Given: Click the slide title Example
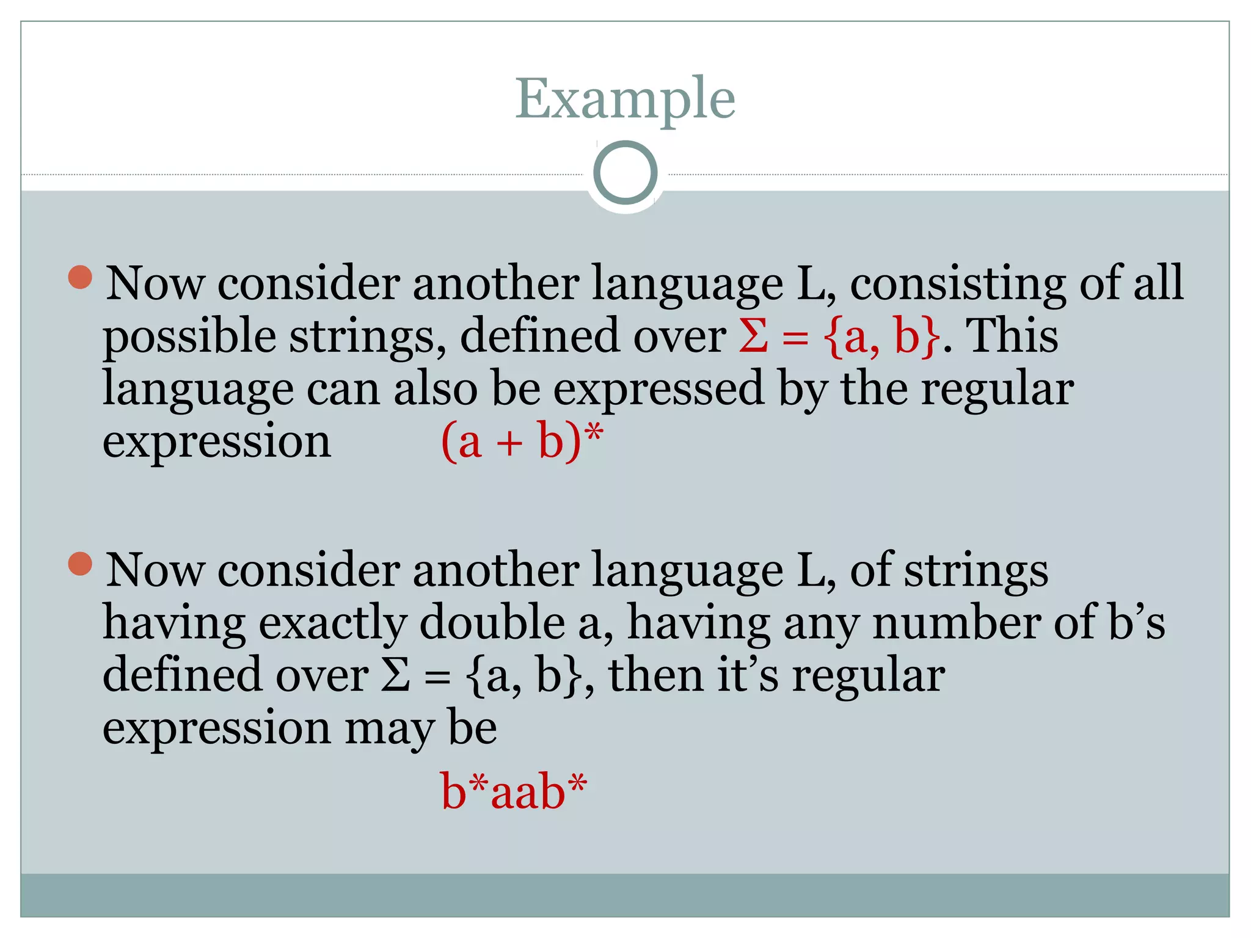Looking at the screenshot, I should click(x=625, y=99).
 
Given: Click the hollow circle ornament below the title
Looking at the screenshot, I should click(x=625, y=173).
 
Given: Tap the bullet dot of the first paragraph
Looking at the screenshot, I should click(x=80, y=277).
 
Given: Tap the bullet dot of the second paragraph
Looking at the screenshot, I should click(x=80, y=564).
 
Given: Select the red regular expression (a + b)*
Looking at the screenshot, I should click(x=522, y=441).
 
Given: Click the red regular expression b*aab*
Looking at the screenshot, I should click(x=514, y=792).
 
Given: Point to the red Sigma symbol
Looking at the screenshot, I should click(x=753, y=336).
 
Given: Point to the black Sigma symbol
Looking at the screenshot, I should click(x=396, y=676).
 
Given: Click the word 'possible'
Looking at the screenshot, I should click(x=189, y=338).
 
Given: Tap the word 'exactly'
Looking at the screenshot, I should click(x=332, y=624).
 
